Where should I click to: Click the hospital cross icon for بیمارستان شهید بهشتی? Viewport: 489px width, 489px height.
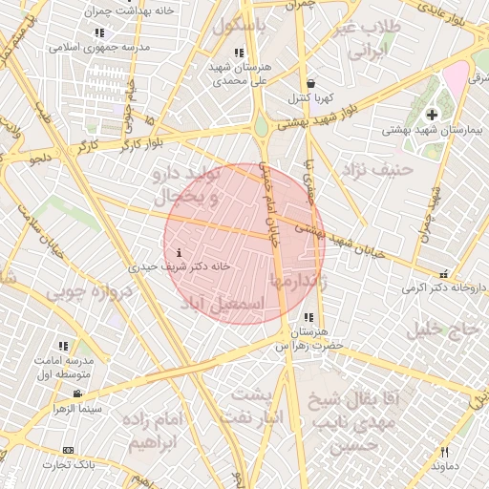click(432, 115)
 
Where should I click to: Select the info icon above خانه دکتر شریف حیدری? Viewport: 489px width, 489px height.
click(178, 253)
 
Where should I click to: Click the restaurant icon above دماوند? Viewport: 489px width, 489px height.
click(444, 451)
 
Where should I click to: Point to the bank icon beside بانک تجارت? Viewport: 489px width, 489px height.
click(68, 450)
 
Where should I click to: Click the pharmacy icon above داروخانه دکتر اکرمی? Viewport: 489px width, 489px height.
click(444, 272)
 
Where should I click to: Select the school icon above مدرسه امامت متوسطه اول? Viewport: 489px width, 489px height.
click(63, 346)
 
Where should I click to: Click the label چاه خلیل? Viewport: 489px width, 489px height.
click(444, 330)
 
